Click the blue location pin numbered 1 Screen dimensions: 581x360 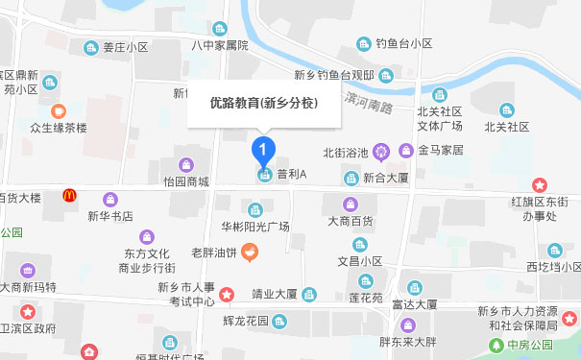pos(263,151)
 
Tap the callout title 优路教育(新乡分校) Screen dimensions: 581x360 pos(264,103)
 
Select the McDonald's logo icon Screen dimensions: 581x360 pos(69,196)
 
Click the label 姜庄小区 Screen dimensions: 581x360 pos(126,46)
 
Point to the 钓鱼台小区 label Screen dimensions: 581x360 pos(404,43)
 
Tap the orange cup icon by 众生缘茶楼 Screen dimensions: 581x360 pos(59,110)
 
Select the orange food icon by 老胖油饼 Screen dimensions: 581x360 pos(250,252)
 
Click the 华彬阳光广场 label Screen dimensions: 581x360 pos(255,227)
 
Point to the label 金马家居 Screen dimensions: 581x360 pos(441,151)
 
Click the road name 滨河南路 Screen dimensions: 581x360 pos(368,103)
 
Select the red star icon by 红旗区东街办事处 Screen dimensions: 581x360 pos(540,184)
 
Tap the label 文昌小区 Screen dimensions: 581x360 pos(359,260)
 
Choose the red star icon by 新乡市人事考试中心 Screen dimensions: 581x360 pos(228,294)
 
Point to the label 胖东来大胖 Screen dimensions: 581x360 pos(407,341)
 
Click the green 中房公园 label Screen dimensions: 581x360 pos(531,345)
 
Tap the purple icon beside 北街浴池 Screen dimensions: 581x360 pos(382,151)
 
